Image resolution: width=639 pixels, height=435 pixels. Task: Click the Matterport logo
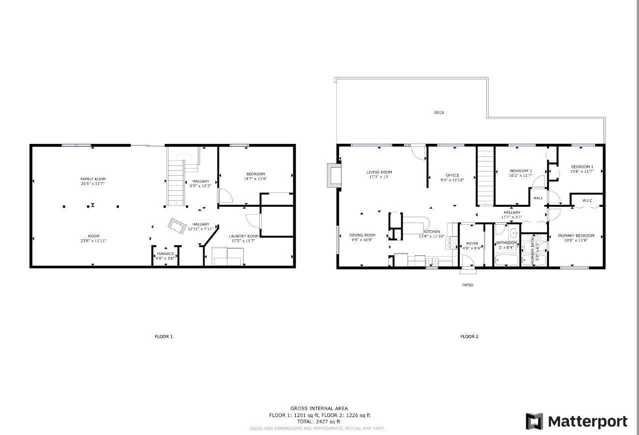coord(577,422)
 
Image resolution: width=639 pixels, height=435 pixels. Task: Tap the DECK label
coord(439,112)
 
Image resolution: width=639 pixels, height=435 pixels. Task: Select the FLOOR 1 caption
coord(163,337)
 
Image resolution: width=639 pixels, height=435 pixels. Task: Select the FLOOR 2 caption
coord(469,337)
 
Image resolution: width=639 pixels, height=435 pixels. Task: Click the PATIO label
coord(467,285)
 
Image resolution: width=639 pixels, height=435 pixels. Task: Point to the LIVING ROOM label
coord(379,172)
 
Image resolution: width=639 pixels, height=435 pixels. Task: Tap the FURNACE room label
coord(165,254)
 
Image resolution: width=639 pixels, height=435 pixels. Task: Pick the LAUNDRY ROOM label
coord(244,236)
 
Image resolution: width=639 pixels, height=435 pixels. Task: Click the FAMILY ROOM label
coord(93,179)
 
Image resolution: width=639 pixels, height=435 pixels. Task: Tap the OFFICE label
coord(452,175)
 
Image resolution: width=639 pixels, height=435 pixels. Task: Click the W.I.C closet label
coord(587,201)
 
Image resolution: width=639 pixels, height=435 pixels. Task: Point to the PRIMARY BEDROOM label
coord(576,236)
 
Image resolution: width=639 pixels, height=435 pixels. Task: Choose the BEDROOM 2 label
coord(520,171)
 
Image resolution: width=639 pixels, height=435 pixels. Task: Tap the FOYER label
coord(472,244)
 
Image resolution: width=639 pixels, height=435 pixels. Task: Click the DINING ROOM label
coord(362,235)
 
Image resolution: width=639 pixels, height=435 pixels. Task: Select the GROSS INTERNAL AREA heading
coord(319,409)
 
